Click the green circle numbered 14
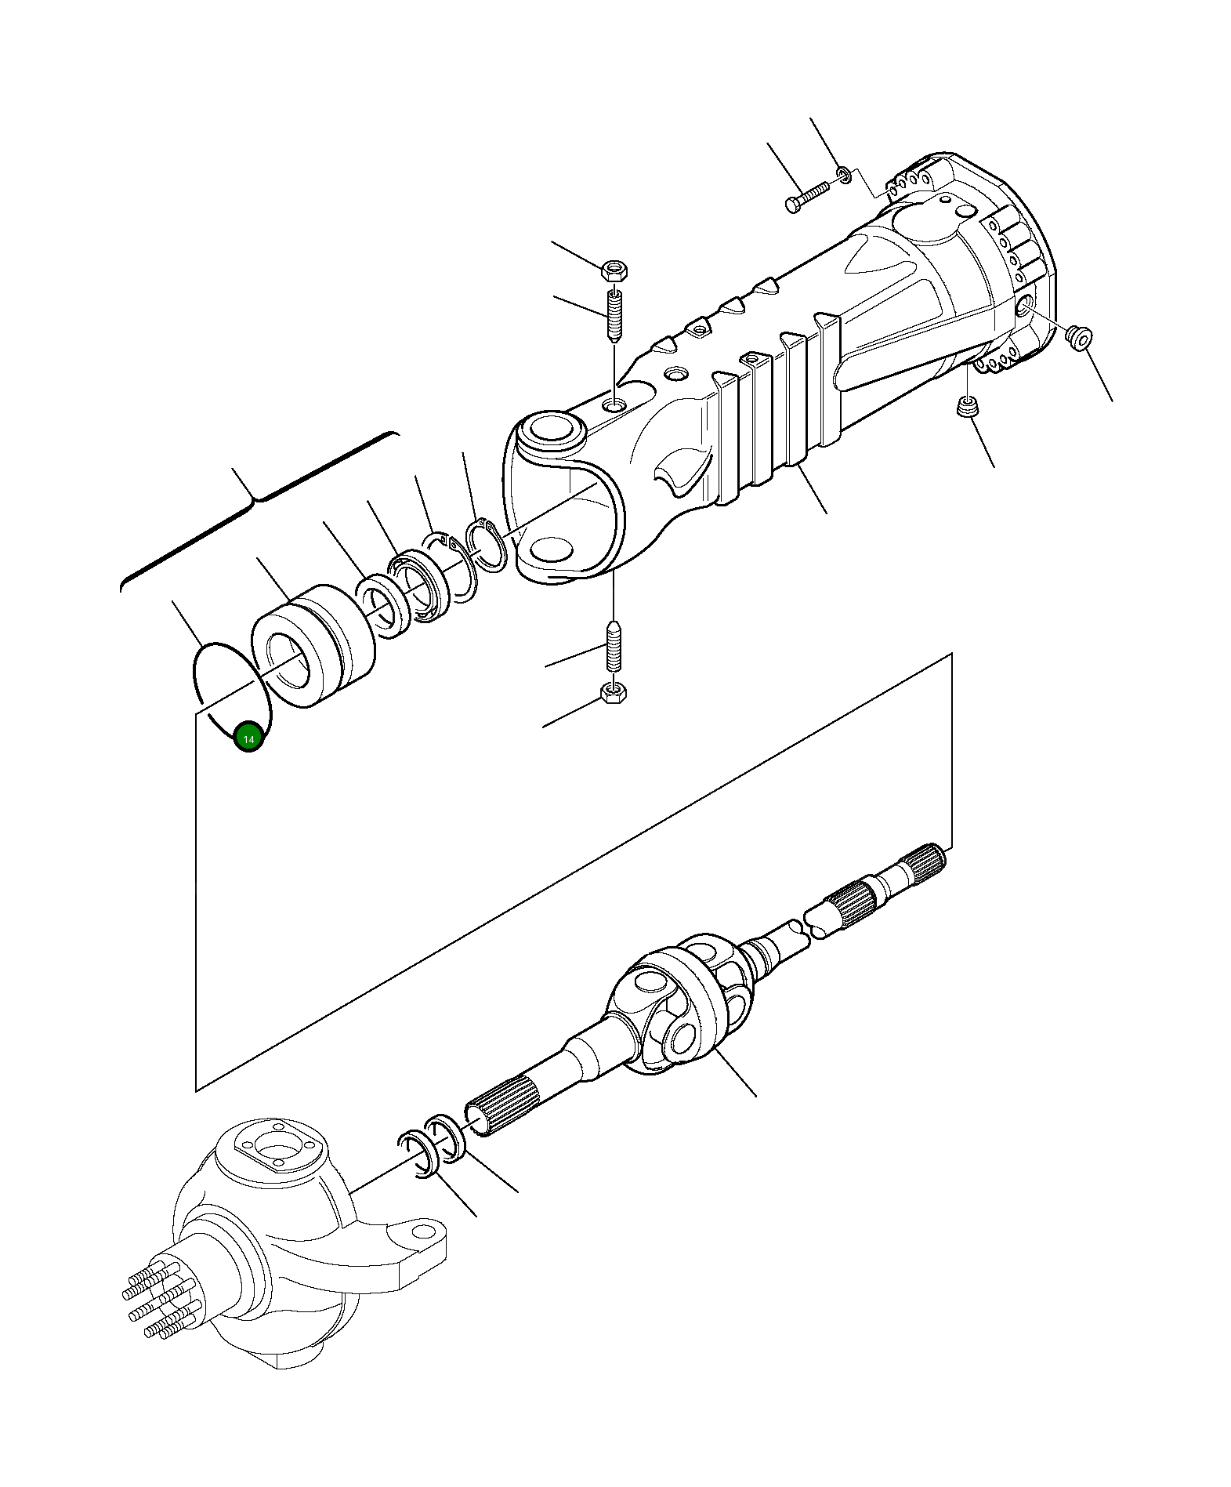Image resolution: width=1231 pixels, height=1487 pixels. [x=249, y=738]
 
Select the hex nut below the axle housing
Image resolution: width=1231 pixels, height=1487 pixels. [x=613, y=692]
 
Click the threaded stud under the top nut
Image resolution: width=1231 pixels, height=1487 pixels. [x=614, y=315]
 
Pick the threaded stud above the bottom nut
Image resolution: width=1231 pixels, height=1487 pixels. [x=614, y=646]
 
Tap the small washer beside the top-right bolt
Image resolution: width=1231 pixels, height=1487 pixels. [x=843, y=173]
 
